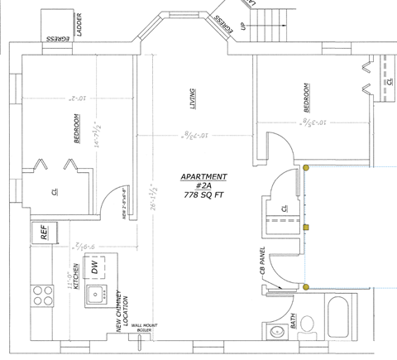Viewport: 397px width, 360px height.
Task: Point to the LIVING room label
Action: click(192, 101)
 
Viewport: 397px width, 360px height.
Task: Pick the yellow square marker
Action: click(306, 226)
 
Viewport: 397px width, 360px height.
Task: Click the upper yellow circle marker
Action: click(305, 167)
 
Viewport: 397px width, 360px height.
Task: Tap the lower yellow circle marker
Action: click(306, 287)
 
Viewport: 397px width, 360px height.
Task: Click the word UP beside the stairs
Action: click(242, 27)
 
